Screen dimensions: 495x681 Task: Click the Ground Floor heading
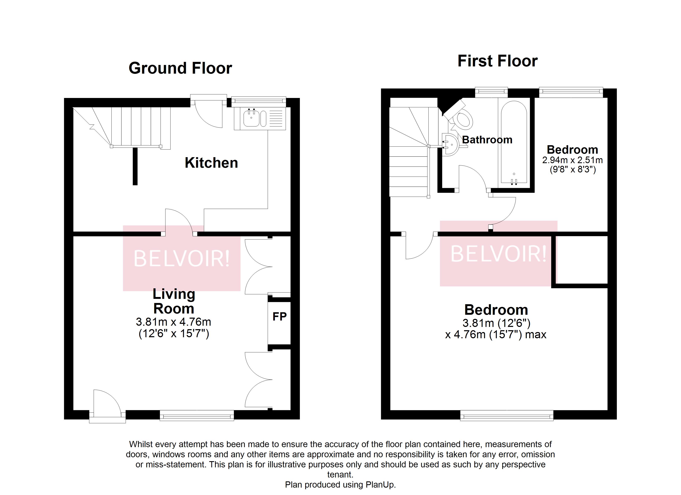180,68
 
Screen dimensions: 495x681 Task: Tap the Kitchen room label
211,163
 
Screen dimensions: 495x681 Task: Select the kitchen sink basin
251,119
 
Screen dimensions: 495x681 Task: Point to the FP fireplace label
279,316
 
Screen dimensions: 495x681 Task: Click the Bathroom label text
487,140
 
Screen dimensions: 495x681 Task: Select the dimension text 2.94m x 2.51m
572,160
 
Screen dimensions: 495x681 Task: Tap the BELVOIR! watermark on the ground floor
181,258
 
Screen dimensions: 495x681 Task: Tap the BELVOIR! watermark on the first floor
498,254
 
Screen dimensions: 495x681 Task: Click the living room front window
197,416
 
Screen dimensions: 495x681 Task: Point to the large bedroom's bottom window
507,416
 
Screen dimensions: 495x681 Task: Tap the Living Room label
174,301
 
